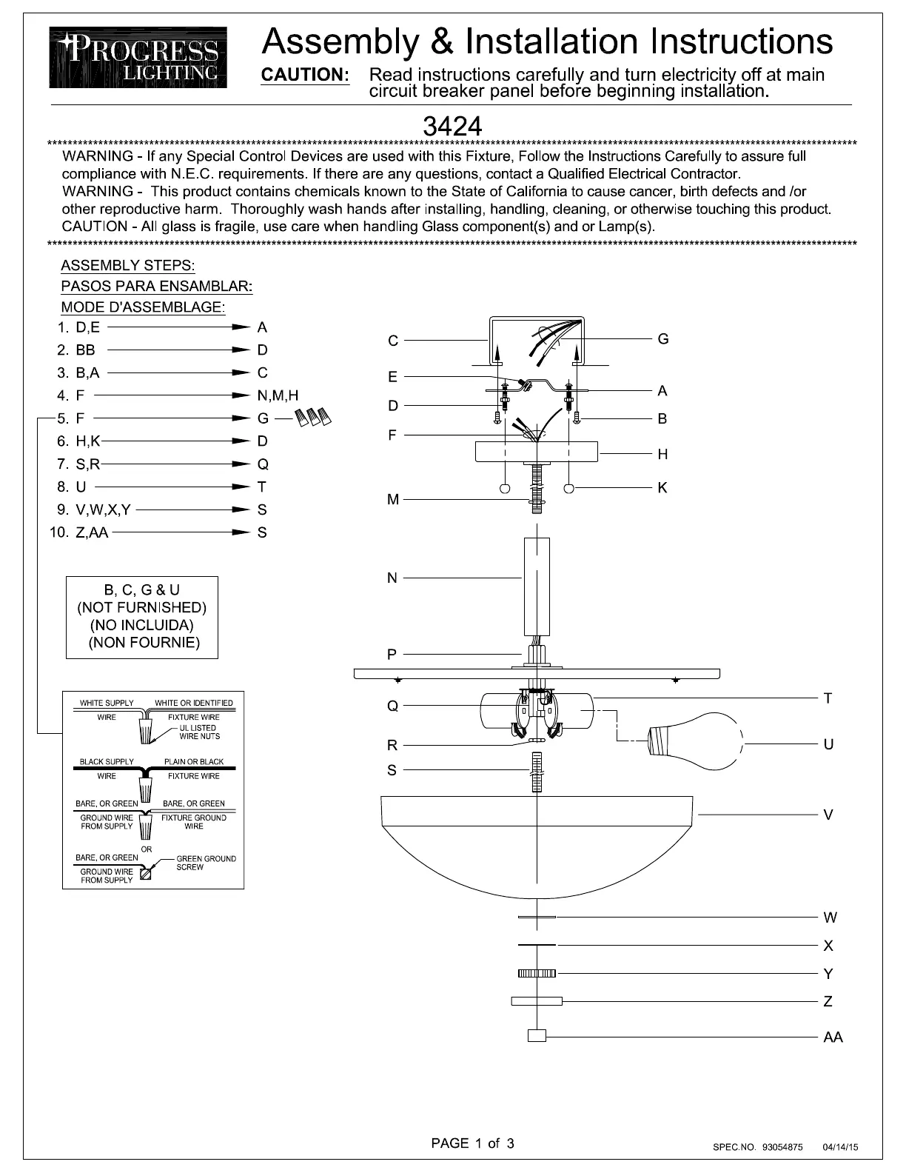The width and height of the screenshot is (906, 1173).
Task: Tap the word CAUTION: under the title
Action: pyautogui.click(x=306, y=75)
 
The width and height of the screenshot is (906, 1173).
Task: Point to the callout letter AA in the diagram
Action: pyautogui.click(x=833, y=1037)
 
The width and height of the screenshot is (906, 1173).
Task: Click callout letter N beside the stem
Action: pyautogui.click(x=392, y=578)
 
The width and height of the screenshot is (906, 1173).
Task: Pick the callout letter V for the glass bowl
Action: pyautogui.click(x=828, y=815)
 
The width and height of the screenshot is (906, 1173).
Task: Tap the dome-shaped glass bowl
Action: pyautogui.click(x=536, y=844)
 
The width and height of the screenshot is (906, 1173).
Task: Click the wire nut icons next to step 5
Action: pyautogui.click(x=312, y=418)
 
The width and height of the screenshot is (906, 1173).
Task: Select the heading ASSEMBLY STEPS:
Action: pyautogui.click(x=128, y=265)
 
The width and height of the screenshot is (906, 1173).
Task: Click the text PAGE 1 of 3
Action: pyautogui.click(x=472, y=1143)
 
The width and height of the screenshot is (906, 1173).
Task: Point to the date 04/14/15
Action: pyautogui.click(x=840, y=1147)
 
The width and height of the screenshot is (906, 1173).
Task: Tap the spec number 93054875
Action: pyautogui.click(x=777, y=1147)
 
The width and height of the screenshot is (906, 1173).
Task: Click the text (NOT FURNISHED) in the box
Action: pyautogui.click(x=142, y=608)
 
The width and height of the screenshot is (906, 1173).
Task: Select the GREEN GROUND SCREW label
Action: pyautogui.click(x=206, y=863)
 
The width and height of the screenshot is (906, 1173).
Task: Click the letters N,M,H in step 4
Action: pyautogui.click(x=278, y=395)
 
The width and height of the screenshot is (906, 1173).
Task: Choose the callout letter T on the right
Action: pyautogui.click(x=828, y=698)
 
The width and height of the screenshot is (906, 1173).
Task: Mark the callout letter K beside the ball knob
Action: pyautogui.click(x=662, y=487)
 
